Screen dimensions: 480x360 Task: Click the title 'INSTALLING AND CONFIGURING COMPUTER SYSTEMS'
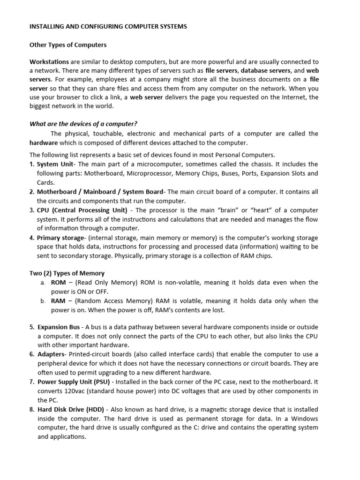tap(108, 27)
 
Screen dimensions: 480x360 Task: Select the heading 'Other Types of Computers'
tap(68, 45)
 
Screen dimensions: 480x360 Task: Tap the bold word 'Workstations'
tap(49, 62)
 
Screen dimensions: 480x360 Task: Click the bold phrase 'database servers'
tap(266, 70)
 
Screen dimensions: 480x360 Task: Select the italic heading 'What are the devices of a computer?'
tap(83, 124)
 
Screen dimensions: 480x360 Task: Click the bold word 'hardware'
tap(44, 143)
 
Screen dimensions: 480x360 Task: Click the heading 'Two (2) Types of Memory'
tap(67, 273)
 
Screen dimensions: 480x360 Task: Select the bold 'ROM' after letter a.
tap(58, 283)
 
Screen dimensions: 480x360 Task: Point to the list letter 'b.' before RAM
tap(43, 301)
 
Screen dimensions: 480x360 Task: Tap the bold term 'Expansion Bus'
tap(59, 327)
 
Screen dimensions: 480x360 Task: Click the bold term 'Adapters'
tap(51, 354)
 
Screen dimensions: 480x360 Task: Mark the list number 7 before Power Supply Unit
tap(32, 382)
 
